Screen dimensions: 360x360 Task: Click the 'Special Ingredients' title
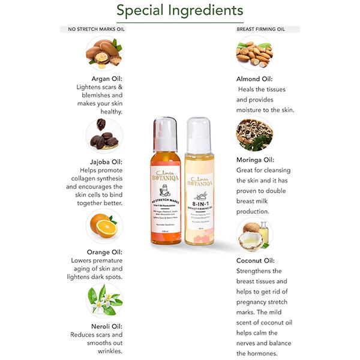click(x=180, y=11)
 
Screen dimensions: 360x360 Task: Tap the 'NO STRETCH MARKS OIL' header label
click(x=97, y=29)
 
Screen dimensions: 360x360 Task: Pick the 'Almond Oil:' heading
click(x=254, y=79)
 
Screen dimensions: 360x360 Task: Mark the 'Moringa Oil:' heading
click(x=255, y=160)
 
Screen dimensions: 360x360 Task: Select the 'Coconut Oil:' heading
click(x=256, y=260)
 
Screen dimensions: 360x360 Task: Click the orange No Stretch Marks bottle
click(x=164, y=192)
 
